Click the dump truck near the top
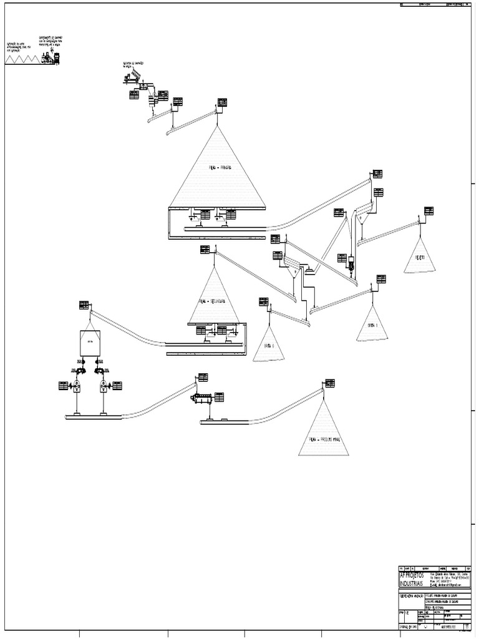coord(133,77)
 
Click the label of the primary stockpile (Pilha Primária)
coord(216,167)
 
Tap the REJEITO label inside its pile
coord(419,257)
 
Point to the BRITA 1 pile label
coord(372,326)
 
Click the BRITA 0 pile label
coord(268,346)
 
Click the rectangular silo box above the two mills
coord(90,343)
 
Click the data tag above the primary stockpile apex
coord(222,102)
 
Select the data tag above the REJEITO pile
coord(428,211)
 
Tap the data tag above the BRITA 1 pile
coord(380,279)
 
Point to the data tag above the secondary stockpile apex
coord(205,250)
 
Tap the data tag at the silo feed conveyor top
coord(84,305)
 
